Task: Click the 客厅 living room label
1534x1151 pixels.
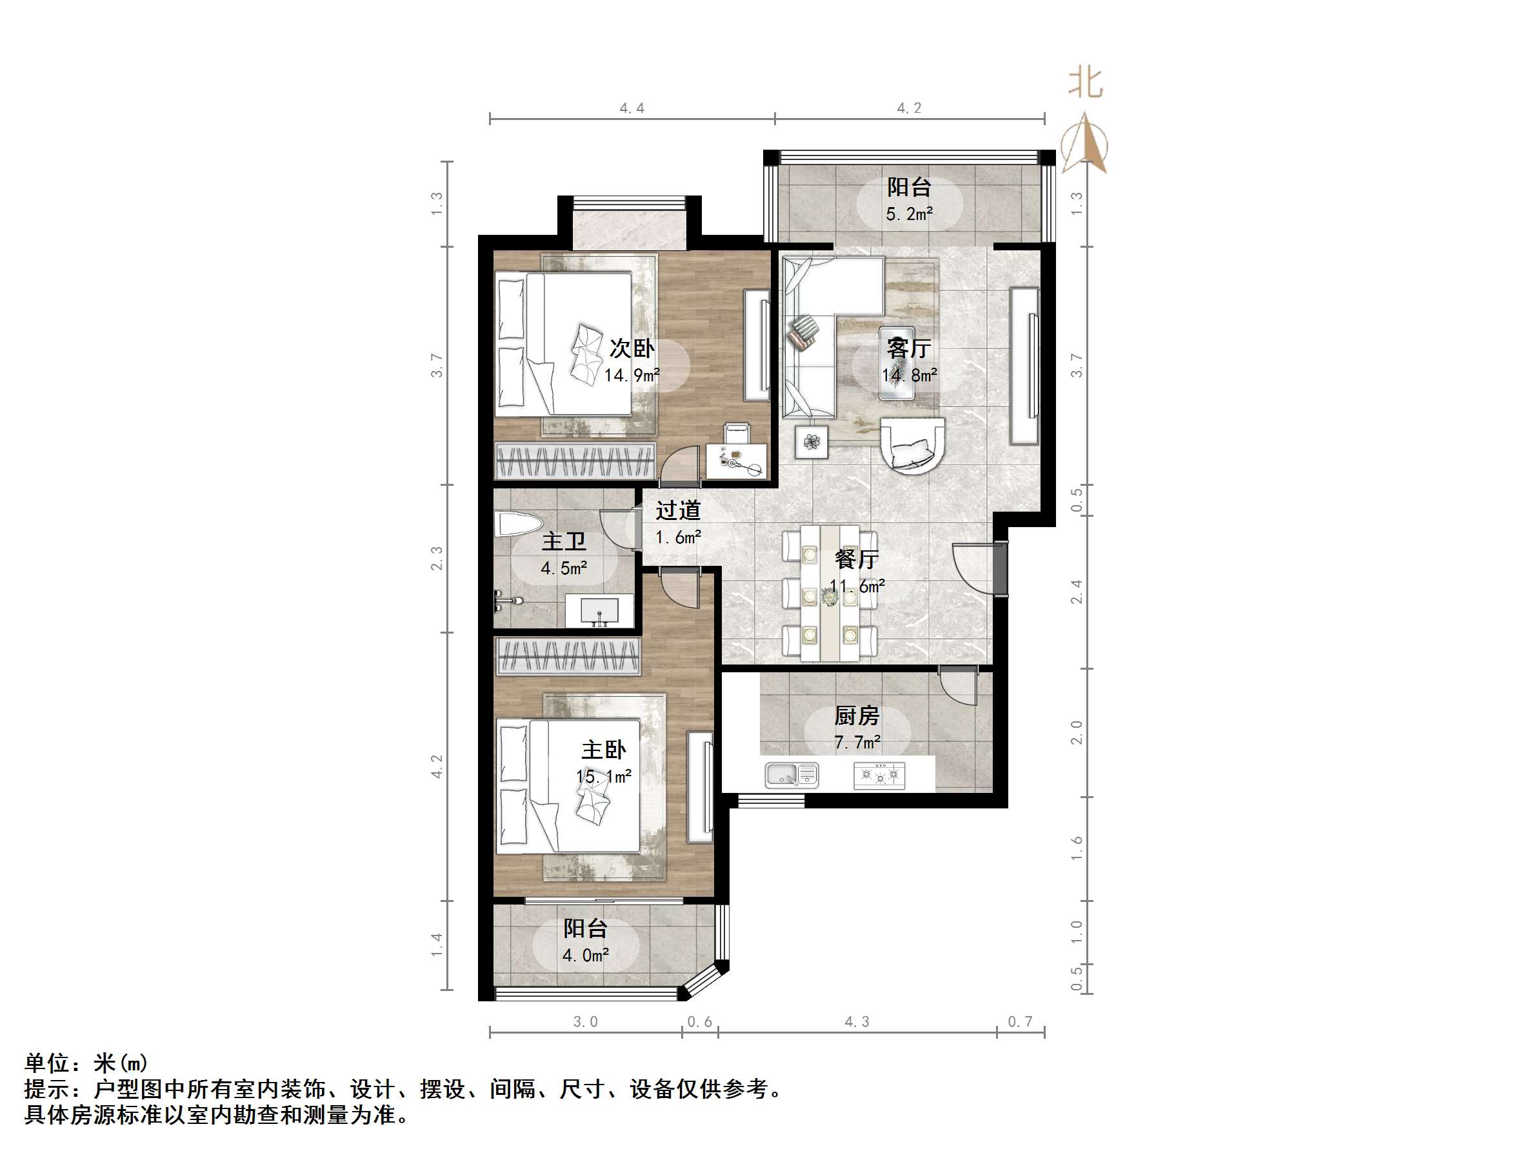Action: [x=908, y=348]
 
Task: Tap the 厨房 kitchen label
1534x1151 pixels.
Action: [x=857, y=716]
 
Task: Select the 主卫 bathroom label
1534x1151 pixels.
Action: [x=563, y=541]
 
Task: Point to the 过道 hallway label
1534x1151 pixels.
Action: [x=677, y=510]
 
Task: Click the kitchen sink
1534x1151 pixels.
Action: [x=792, y=774]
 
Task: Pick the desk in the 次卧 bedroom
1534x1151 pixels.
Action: [x=737, y=461]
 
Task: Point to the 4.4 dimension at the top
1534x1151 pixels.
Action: [x=632, y=108]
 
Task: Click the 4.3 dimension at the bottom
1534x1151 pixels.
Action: [x=857, y=1021]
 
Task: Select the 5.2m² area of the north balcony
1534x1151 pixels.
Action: [x=909, y=214]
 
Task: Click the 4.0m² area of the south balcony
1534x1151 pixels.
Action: [x=585, y=956]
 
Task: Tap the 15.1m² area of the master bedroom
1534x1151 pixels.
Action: [x=603, y=776]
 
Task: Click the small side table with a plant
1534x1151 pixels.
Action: [x=812, y=441]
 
